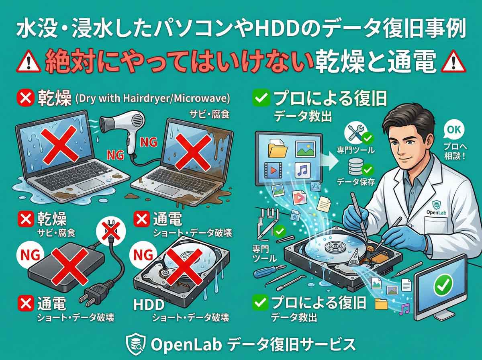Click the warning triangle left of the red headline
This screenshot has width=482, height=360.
pos(30,62)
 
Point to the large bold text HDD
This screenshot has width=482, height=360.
pos(149,305)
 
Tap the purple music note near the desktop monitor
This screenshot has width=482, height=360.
pos(404,309)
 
